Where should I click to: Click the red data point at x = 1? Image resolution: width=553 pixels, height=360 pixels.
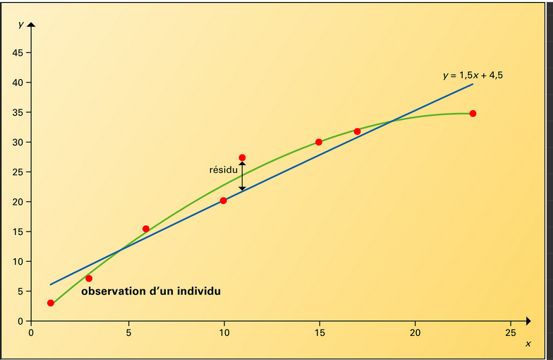pyautogui.click(x=51, y=303)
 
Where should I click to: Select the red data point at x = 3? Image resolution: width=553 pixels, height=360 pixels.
pyautogui.click(x=89, y=279)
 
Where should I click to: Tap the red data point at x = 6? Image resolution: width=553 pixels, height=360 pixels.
pyautogui.click(x=146, y=229)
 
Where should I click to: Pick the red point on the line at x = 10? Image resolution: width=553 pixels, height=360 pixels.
pyautogui.click(x=224, y=200)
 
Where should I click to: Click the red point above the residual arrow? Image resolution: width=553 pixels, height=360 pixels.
pyautogui.click(x=242, y=157)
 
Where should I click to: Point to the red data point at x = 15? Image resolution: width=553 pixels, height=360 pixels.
pyautogui.click(x=319, y=142)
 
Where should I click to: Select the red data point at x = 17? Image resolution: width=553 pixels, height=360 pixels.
pyautogui.click(x=358, y=131)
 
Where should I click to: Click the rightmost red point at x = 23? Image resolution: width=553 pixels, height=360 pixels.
pyautogui.click(x=473, y=113)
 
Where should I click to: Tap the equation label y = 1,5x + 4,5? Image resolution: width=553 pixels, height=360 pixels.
pyautogui.click(x=473, y=75)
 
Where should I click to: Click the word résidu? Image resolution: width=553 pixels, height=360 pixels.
pyautogui.click(x=223, y=170)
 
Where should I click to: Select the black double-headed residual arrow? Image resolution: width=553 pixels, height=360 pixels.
pyautogui.click(x=242, y=176)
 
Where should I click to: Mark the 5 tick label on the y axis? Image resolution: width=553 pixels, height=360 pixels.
pyautogui.click(x=20, y=291)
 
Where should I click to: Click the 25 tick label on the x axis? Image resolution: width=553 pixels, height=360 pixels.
pyautogui.click(x=511, y=332)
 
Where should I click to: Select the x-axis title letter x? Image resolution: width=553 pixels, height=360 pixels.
pyautogui.click(x=528, y=344)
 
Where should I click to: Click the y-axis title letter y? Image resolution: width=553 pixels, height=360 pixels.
pyautogui.click(x=21, y=24)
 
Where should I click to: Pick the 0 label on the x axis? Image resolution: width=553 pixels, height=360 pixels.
pyautogui.click(x=31, y=332)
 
